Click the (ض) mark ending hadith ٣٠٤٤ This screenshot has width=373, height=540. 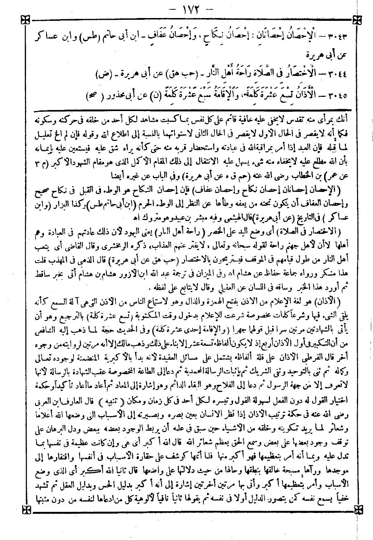102,74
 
